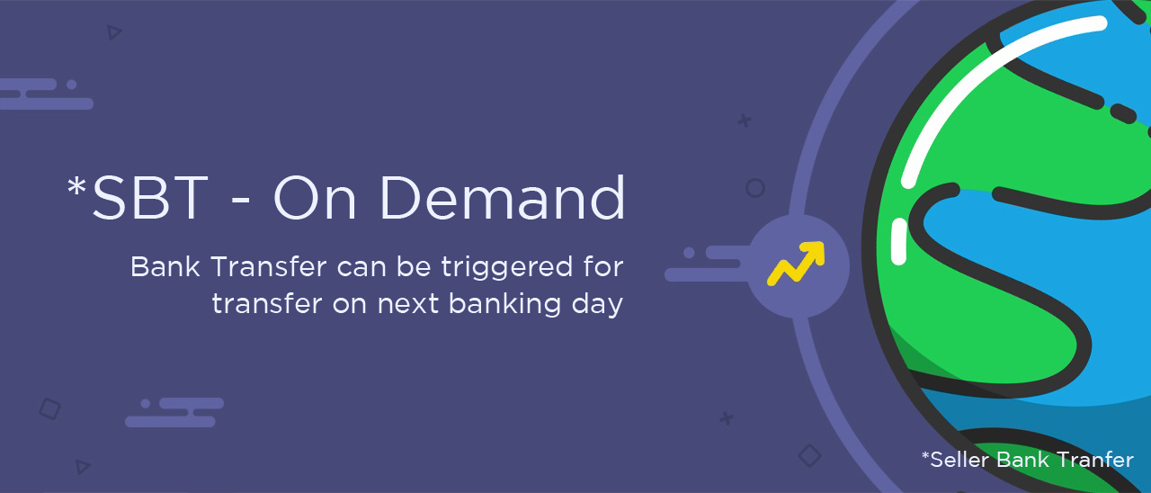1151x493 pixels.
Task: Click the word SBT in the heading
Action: (x=150, y=199)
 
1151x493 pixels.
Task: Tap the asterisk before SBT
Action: (x=76, y=186)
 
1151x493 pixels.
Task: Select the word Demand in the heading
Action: (x=503, y=197)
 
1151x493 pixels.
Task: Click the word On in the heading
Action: (x=315, y=199)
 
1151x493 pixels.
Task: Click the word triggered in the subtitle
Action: (x=506, y=268)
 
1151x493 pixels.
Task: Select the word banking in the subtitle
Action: (x=504, y=305)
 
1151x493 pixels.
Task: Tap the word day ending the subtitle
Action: (x=598, y=305)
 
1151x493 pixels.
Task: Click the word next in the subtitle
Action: (x=408, y=305)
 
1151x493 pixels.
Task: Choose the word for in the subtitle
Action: (x=603, y=267)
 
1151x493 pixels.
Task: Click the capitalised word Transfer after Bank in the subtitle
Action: (x=269, y=267)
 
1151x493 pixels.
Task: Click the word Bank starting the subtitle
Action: (x=165, y=267)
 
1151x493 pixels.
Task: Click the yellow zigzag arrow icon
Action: (x=797, y=263)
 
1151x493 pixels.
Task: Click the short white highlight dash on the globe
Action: (x=898, y=242)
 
